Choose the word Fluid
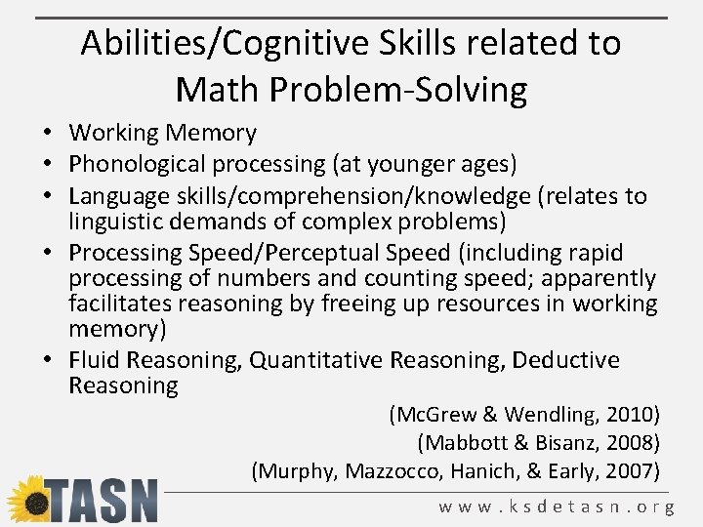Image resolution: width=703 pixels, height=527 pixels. [95, 360]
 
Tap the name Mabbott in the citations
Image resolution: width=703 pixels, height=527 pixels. [464, 443]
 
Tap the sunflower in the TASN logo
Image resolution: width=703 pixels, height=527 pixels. [28, 499]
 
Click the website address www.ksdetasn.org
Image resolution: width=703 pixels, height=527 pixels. [556, 507]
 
